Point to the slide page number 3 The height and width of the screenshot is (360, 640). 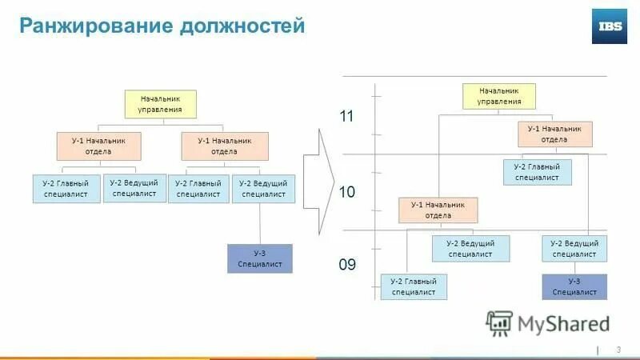pos(618,350)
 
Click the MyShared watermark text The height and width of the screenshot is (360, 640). pos(563,323)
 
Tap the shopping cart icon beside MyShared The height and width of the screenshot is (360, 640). pos(499,322)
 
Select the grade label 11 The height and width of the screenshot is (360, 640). pos(346,117)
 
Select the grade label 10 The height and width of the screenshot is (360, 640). pos(346,192)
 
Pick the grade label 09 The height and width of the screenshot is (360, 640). pos(346,264)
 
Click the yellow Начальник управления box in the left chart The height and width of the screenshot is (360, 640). pos(160,104)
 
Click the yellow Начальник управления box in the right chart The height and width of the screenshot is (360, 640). pos(499,97)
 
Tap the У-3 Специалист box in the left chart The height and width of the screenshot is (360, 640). pos(259,259)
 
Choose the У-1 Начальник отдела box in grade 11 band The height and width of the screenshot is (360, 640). pos(554,134)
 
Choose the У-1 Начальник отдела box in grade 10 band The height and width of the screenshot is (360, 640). pos(438,210)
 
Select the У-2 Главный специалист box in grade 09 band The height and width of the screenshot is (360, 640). pos(414,286)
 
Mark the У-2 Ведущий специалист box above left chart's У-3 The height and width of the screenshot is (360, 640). pos(263,189)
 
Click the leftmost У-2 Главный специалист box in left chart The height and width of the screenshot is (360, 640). pos(67,189)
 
